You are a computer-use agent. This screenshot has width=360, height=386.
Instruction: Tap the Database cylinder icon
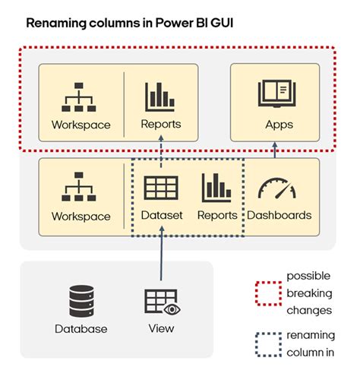pos(81,302)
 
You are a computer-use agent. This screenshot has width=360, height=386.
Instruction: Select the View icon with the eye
pos(161,302)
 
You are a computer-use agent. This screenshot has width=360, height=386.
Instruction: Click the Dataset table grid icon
pos(161,188)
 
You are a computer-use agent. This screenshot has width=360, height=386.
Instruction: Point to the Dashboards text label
pos(279,215)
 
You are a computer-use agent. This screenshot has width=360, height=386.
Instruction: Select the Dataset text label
pos(162,215)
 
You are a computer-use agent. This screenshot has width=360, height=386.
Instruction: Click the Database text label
pos(81,329)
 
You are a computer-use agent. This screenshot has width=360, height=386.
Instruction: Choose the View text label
pos(161,328)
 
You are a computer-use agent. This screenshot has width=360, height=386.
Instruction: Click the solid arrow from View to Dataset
pos(161,258)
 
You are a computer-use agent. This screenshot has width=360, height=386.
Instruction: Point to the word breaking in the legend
pos(308,293)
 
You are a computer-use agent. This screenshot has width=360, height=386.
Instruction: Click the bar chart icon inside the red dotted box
pos(160,96)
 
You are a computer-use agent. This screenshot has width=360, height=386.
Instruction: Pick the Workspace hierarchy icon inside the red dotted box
pos(81,96)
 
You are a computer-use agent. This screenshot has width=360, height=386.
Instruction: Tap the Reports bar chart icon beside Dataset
pos(216,188)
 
